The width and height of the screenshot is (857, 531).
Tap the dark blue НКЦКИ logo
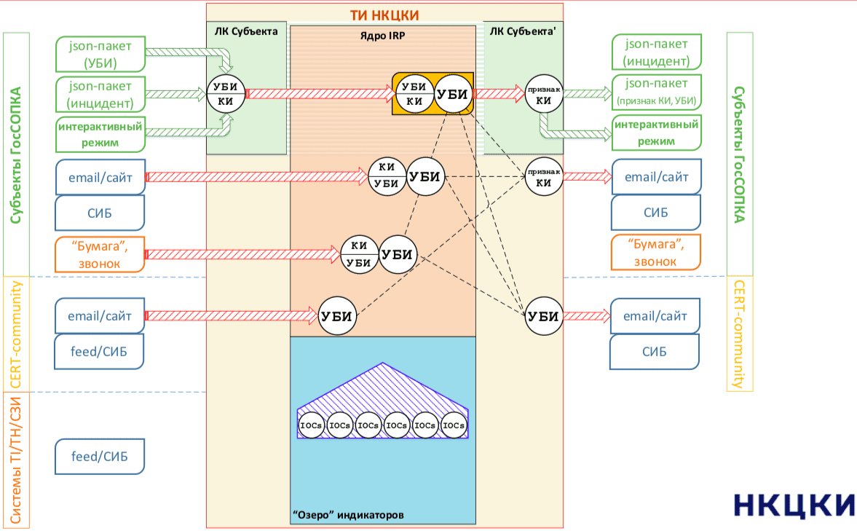click(x=793, y=505)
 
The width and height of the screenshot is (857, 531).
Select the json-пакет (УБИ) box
click(x=100, y=53)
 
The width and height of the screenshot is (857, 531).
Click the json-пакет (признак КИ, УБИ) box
click(x=656, y=91)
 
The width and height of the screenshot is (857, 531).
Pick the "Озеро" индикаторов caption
click(x=347, y=515)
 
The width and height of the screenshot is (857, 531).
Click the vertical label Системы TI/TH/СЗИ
click(x=17, y=458)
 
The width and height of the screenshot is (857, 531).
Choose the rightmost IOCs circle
click(x=454, y=425)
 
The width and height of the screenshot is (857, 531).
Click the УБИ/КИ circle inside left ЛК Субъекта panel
click(x=226, y=93)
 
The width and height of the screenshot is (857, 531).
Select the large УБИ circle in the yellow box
click(x=452, y=93)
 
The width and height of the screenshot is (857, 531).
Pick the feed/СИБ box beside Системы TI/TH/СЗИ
click(x=99, y=457)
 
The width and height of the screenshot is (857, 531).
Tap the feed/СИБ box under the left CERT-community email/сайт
click(x=99, y=352)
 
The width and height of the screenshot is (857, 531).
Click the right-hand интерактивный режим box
click(x=656, y=132)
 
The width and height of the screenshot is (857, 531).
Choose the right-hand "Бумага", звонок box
click(x=656, y=251)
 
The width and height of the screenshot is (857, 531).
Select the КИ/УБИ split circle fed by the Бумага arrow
click(x=359, y=254)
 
